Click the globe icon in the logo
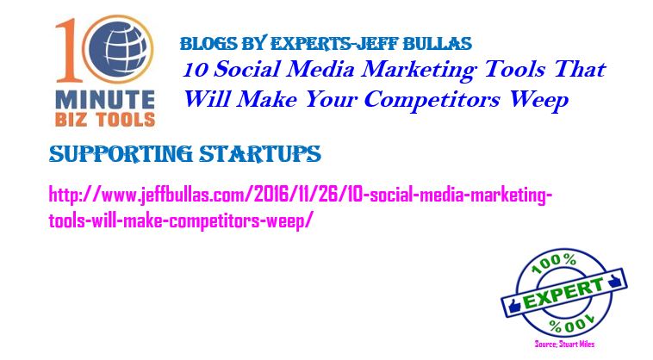[118, 49]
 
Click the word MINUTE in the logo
[105, 100]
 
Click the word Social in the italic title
[246, 69]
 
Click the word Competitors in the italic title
[432, 100]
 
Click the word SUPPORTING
[121, 154]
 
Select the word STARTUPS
[260, 153]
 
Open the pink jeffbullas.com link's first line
[301, 195]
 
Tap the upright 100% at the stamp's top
[555, 264]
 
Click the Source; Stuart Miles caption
[564, 344]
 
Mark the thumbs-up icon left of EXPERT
[514, 307]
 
